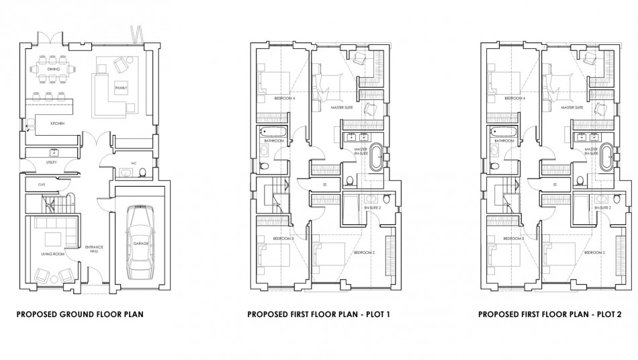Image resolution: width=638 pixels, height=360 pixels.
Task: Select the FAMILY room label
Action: pos(121,88)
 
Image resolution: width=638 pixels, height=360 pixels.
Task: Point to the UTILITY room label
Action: pos(51,163)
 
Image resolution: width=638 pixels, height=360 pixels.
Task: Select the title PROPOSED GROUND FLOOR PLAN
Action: pos(80,314)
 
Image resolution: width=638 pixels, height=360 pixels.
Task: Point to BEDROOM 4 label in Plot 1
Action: pos(285,99)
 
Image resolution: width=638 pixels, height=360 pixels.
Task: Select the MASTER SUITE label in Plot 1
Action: pos(342,107)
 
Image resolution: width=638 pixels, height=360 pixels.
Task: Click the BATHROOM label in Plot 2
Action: pos(505,141)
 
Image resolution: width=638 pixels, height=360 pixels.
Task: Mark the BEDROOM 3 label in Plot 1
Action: pos(283,239)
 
